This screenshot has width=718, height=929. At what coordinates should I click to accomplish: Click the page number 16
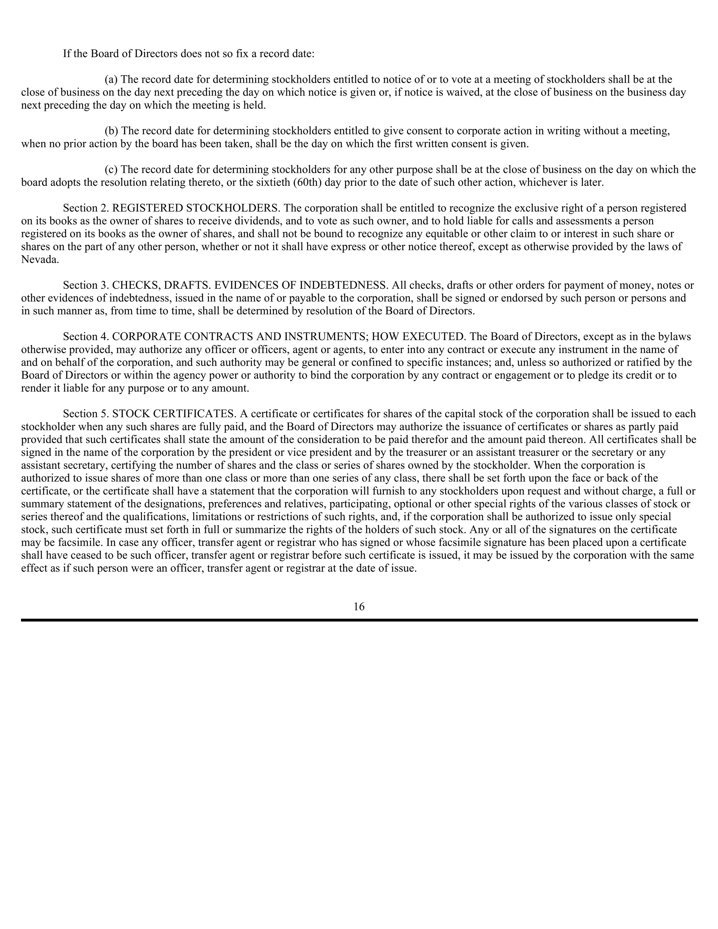pyautogui.click(x=359, y=606)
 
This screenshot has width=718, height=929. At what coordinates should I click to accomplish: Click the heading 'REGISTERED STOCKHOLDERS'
pyautogui.click(x=196, y=208)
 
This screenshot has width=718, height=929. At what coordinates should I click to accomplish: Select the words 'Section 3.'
pyautogui.click(x=86, y=285)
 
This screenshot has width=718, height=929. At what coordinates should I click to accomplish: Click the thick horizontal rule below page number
pyautogui.click(x=359, y=620)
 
